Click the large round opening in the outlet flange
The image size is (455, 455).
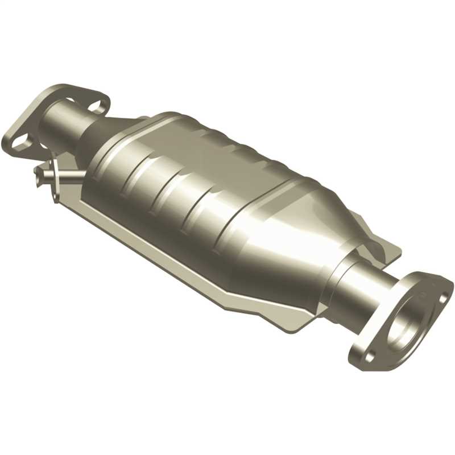pos(410,318)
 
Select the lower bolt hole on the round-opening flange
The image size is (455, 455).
pos(370,355)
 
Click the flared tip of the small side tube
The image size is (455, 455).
pos(39,169)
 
